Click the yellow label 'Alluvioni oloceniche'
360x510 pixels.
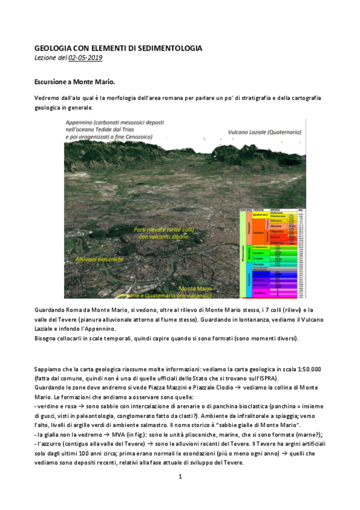99,259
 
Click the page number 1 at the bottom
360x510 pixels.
180,477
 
